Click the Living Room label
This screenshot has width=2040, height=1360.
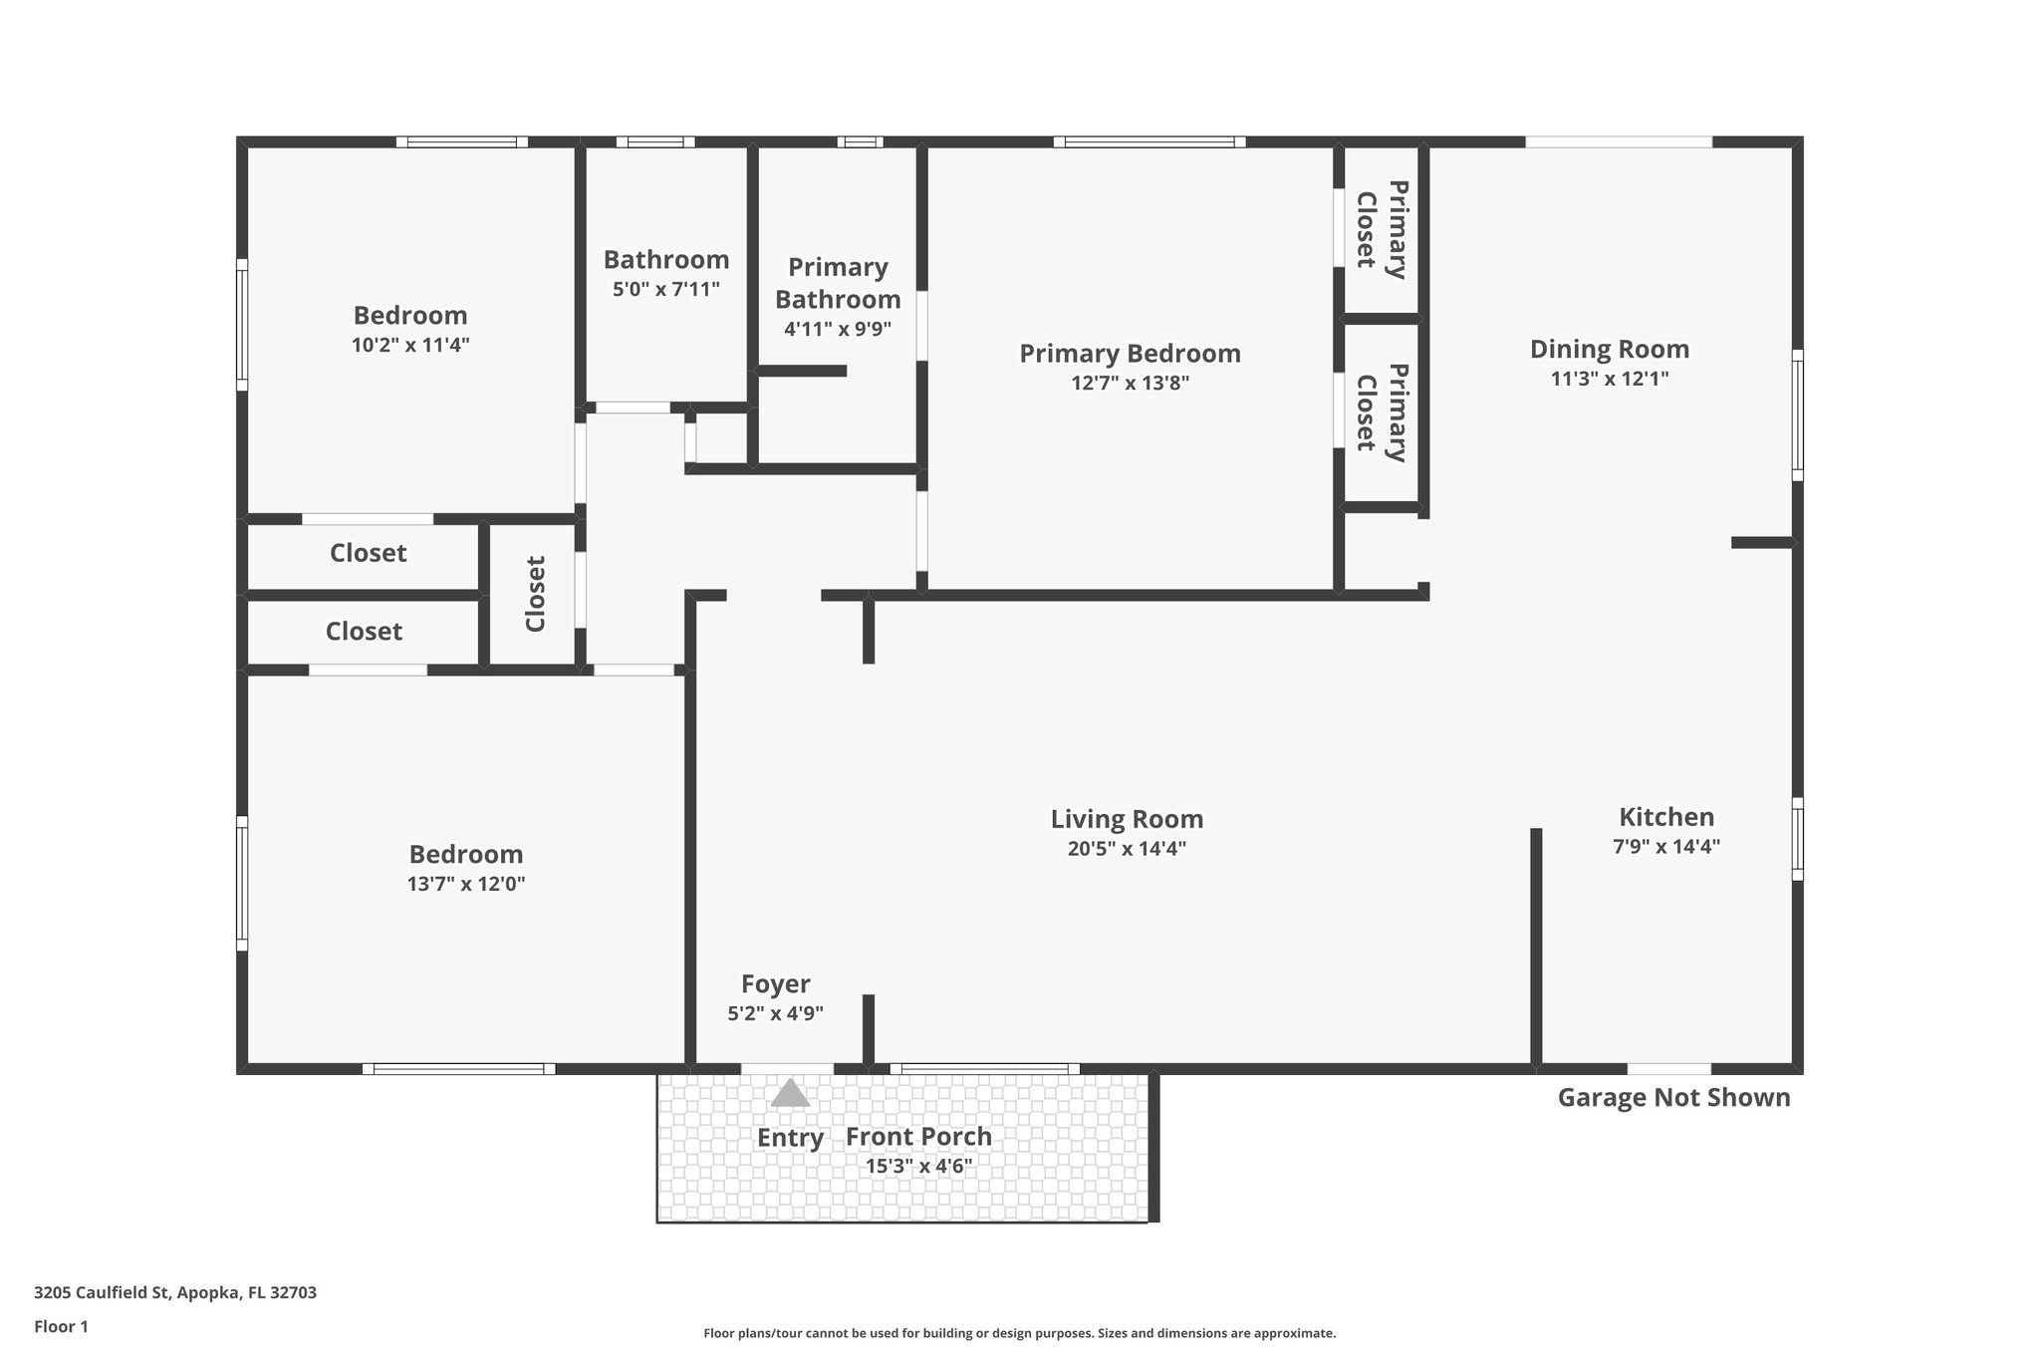(1127, 819)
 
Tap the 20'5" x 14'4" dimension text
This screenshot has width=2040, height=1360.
(1127, 849)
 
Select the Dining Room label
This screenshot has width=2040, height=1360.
(1609, 349)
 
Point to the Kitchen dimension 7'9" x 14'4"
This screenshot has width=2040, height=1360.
(1666, 847)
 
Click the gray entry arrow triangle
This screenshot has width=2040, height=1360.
(790, 1094)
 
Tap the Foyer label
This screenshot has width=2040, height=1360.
(775, 984)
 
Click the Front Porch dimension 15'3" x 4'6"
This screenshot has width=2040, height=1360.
(918, 1166)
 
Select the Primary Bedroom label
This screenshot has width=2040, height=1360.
(1130, 353)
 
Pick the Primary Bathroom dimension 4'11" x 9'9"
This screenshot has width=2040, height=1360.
(837, 328)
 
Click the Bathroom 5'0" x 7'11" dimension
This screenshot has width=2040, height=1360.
(665, 290)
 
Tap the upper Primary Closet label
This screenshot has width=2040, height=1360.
(1382, 229)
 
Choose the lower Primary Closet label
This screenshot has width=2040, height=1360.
(1382, 412)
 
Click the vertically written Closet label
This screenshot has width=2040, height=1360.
(536, 594)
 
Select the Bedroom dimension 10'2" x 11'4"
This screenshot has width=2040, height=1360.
(409, 345)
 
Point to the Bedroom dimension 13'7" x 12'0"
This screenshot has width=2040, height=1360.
(465, 884)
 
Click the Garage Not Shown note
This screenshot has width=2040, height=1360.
(1673, 1098)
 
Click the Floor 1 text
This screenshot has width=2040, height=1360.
(61, 1326)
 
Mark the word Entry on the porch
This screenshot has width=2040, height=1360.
(790, 1138)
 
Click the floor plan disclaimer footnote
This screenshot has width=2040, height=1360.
(1019, 1333)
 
